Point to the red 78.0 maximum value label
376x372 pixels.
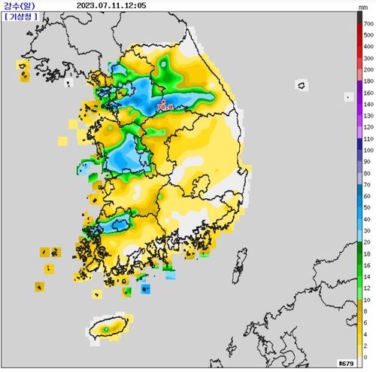point(165,108)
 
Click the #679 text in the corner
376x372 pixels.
point(345,364)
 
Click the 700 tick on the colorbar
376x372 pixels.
point(368,25)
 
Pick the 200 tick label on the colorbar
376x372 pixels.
point(368,69)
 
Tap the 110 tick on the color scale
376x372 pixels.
point(368,139)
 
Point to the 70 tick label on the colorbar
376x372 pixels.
point(367,184)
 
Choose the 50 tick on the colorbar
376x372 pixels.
point(367,207)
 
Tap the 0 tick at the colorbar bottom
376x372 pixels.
point(365,357)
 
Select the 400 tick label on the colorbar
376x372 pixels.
point(368,47)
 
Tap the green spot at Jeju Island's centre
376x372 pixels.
point(107,328)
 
